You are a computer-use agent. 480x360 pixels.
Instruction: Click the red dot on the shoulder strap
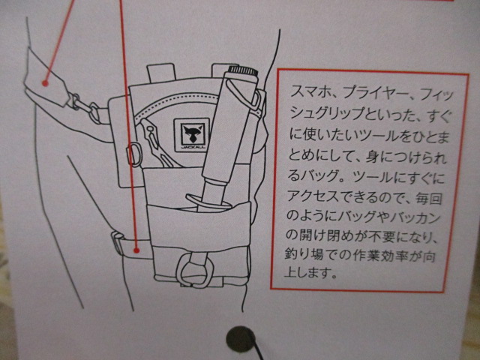coord(45,83)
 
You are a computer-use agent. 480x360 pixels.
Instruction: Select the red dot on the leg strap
coord(136,250)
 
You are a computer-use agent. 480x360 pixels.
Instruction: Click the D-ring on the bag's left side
coord(134,154)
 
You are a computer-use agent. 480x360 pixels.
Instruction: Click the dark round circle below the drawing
coord(241,339)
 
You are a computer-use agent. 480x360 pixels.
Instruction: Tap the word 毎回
coord(428,199)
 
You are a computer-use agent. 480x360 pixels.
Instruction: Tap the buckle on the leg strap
coord(118,243)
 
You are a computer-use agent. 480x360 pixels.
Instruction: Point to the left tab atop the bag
coord(161,73)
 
